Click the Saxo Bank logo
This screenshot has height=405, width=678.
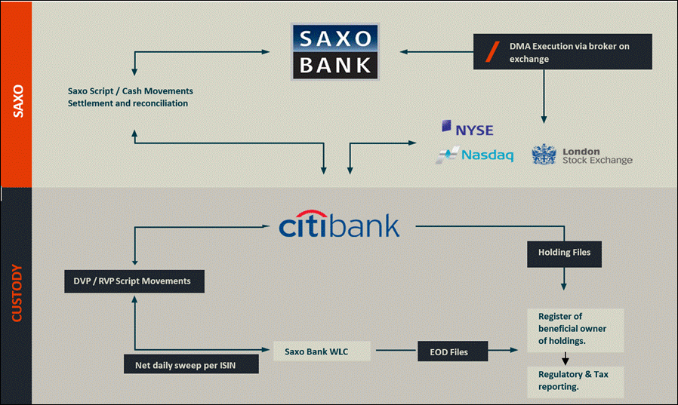[x=335, y=52]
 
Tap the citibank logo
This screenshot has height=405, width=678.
[x=340, y=225]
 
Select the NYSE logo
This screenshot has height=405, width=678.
[x=467, y=128]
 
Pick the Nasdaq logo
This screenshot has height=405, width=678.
[x=475, y=155]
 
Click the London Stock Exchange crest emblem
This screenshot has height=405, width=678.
[x=544, y=155]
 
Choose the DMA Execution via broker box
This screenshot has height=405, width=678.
[x=562, y=52]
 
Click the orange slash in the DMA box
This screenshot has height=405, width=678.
[x=492, y=52]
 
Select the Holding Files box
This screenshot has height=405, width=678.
[x=564, y=254]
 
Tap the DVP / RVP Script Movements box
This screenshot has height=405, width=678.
[x=134, y=281]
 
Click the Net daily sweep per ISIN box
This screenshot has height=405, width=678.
[x=191, y=364]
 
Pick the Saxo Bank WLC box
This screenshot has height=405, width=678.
[x=322, y=351]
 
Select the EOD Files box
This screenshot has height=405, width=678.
[x=453, y=351]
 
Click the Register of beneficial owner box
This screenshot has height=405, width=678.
[x=575, y=330]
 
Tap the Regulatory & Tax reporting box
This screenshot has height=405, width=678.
[x=575, y=382]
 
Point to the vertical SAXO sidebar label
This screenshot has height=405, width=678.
[x=18, y=101]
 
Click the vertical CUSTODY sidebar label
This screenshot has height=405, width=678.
[x=17, y=293]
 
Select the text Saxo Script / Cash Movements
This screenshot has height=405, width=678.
[x=130, y=91]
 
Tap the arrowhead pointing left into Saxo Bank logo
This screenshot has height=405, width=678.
[x=404, y=52]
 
